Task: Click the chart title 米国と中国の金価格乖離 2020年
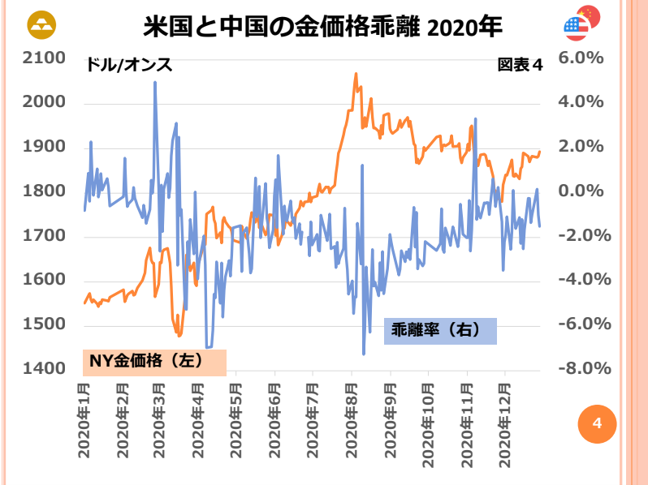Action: click(323, 27)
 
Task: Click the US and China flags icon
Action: click(581, 24)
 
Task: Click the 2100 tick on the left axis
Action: click(44, 58)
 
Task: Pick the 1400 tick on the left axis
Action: click(44, 370)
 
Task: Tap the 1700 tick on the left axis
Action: click(44, 237)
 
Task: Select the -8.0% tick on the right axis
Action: click(577, 370)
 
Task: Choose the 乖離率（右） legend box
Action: click(439, 330)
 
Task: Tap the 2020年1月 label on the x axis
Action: click(84, 418)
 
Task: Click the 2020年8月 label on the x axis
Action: click(352, 418)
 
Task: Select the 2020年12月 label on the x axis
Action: click(505, 418)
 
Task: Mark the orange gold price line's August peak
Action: click(356, 74)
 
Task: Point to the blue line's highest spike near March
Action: click(155, 82)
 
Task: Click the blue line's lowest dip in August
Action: click(363, 354)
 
